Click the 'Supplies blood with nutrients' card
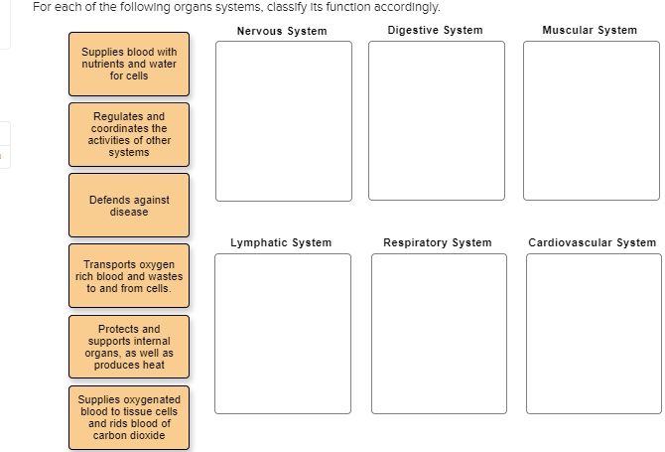coord(129,64)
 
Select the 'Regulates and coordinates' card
coord(129,135)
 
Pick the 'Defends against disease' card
coord(129,206)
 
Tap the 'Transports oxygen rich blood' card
coord(129,276)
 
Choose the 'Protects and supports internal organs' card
coord(129,347)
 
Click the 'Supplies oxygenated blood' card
coord(129,417)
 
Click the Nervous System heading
coord(282,31)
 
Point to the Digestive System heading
coord(436,30)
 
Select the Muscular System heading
coord(590,30)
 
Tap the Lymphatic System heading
coord(281,242)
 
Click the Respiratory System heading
coord(438,242)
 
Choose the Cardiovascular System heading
coord(592,242)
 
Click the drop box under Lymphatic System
coord(283,334)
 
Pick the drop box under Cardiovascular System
coord(592,334)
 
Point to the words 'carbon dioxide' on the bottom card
coord(129,435)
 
